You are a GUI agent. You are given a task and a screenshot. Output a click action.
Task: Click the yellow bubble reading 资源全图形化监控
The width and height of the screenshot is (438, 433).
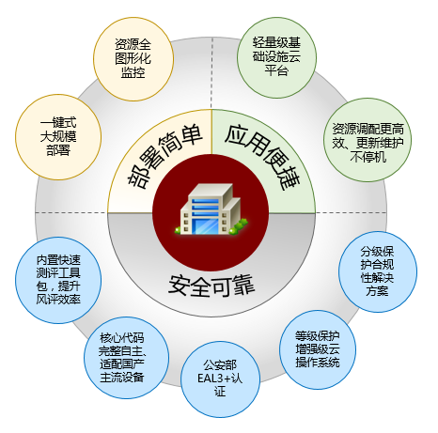(133, 58)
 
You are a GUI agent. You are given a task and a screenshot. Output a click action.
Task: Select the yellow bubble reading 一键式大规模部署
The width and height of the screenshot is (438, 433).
(58, 137)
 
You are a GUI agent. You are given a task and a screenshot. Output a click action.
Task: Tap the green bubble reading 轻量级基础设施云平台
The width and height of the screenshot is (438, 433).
(276, 57)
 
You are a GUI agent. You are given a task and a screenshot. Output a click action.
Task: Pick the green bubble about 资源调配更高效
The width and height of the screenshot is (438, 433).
(368, 140)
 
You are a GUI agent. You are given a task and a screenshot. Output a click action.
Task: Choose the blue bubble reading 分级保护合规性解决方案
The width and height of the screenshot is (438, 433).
(378, 271)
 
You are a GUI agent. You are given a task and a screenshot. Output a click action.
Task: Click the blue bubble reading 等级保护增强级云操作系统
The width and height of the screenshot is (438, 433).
(318, 349)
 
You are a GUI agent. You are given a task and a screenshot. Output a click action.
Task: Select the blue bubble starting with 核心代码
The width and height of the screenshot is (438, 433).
(126, 358)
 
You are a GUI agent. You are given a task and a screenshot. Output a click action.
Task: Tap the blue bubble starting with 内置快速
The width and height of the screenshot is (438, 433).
(58, 280)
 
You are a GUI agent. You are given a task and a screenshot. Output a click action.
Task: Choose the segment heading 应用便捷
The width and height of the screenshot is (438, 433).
(262, 157)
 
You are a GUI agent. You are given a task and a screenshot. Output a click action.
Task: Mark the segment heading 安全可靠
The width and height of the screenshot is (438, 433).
(211, 285)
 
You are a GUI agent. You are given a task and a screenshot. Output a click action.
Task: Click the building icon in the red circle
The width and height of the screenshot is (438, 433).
(211, 209)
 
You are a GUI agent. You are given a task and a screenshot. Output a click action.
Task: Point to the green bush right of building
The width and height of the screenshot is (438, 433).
(239, 226)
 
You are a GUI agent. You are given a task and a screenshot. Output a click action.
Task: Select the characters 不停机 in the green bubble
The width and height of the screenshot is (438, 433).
(368, 157)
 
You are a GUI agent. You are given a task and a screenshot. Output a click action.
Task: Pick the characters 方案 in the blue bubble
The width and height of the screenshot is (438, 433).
(377, 291)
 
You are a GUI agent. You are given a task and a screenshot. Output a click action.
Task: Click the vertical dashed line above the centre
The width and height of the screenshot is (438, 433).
(211, 73)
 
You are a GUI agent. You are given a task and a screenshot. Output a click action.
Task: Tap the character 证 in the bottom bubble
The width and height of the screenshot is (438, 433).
(220, 392)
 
